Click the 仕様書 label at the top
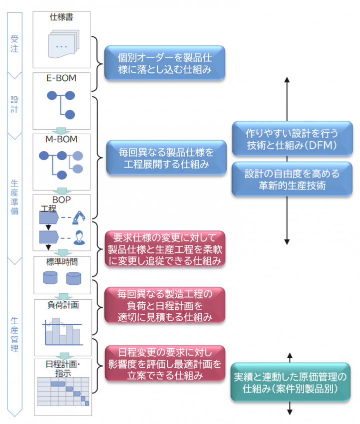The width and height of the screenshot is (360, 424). (x=62, y=17)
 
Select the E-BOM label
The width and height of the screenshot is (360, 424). (x=62, y=78)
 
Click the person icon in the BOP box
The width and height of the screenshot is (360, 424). (x=79, y=237)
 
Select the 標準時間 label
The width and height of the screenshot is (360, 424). (x=62, y=261)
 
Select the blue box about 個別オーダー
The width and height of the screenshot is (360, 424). (x=164, y=63)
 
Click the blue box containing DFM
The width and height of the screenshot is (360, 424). (x=292, y=139)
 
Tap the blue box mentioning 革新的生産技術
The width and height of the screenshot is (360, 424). (x=292, y=179)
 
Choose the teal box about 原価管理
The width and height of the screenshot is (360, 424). (x=290, y=382)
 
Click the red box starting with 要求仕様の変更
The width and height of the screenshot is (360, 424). (x=164, y=248)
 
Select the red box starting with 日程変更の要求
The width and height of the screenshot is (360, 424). (x=164, y=364)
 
